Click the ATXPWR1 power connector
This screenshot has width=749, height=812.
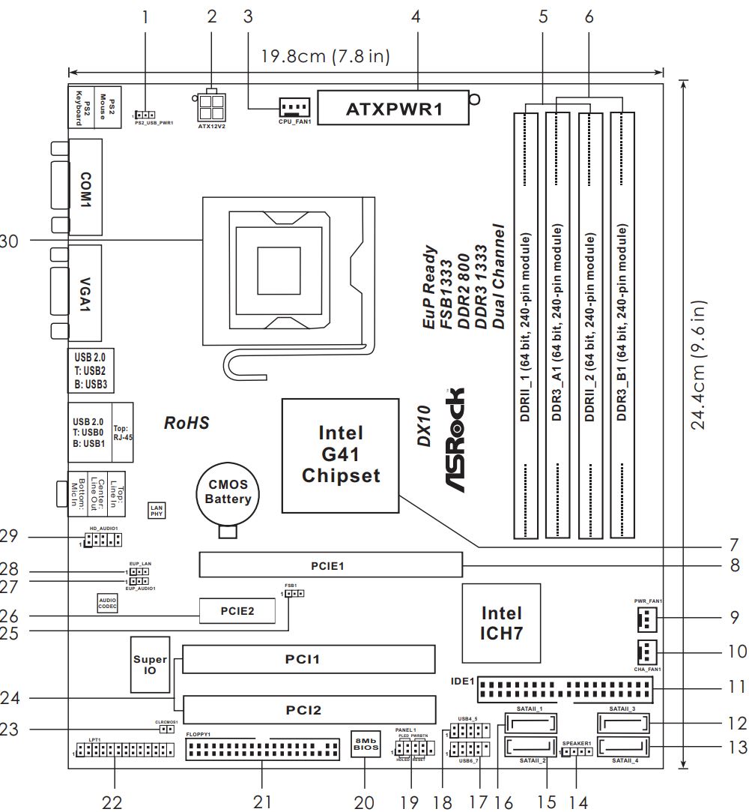tap(395, 109)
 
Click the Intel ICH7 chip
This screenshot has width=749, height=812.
tap(502, 623)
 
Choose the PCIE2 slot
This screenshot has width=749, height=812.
tap(237, 612)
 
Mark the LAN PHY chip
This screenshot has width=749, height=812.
tap(157, 511)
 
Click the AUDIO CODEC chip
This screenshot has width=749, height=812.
tap(107, 603)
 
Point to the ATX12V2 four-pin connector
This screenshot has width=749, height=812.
tap(213, 109)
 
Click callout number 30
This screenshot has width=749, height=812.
tap(8, 241)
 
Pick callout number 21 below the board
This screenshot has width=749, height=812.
tap(261, 802)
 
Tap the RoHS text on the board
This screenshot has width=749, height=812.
tap(187, 423)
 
